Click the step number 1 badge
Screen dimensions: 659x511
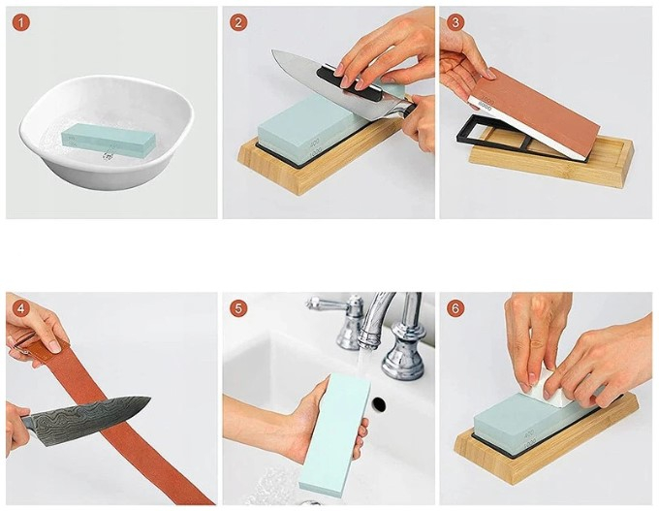click(21, 22)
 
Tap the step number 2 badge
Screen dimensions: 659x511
click(238, 22)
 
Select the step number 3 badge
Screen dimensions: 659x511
click(455, 22)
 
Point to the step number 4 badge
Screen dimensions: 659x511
click(21, 309)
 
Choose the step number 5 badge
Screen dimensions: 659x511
click(238, 309)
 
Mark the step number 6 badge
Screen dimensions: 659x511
click(455, 309)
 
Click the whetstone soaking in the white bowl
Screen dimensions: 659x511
click(110, 140)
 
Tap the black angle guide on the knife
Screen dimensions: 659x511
click(349, 80)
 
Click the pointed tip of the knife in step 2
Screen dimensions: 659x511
click(272, 51)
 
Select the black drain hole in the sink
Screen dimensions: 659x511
click(379, 404)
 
